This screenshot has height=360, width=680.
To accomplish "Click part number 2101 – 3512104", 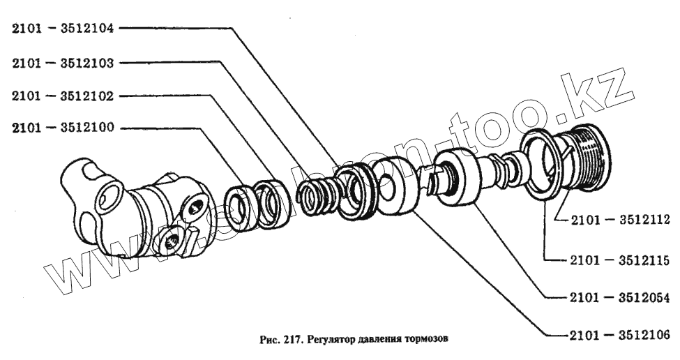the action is pos(63,29).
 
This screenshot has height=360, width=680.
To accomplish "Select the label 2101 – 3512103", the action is pos(63,63).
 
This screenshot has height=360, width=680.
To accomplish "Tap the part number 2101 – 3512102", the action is pos(63,96).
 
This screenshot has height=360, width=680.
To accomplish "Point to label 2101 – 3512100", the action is pos(63,128).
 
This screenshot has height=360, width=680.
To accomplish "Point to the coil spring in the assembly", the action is pos(317,197).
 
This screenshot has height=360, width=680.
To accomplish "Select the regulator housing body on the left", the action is pos(135,207).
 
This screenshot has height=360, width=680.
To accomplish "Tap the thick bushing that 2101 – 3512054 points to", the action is pos(458,177).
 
